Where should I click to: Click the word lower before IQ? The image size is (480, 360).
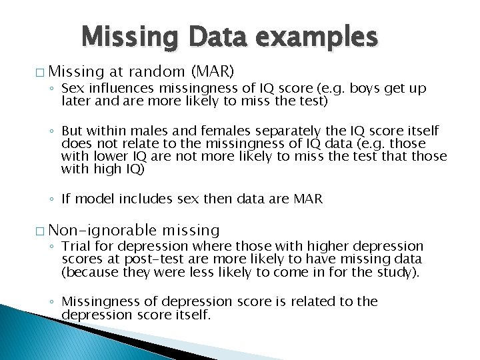[111, 157]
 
